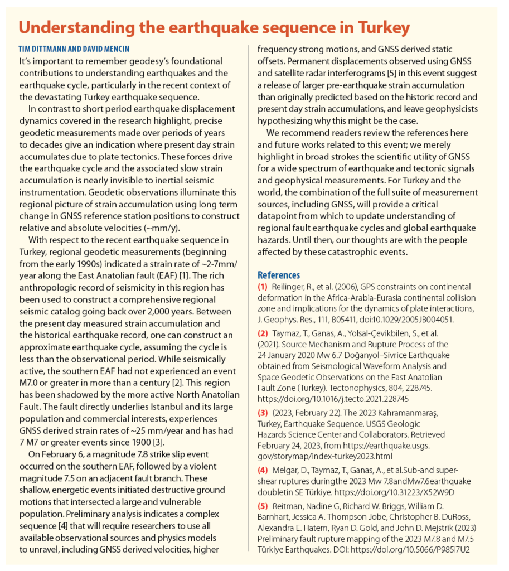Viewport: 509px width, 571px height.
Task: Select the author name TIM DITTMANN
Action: pyautogui.click(x=44, y=49)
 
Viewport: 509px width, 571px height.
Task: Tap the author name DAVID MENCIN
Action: pyautogui.click(x=105, y=49)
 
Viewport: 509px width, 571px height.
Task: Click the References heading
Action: pyautogui.click(x=278, y=275)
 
